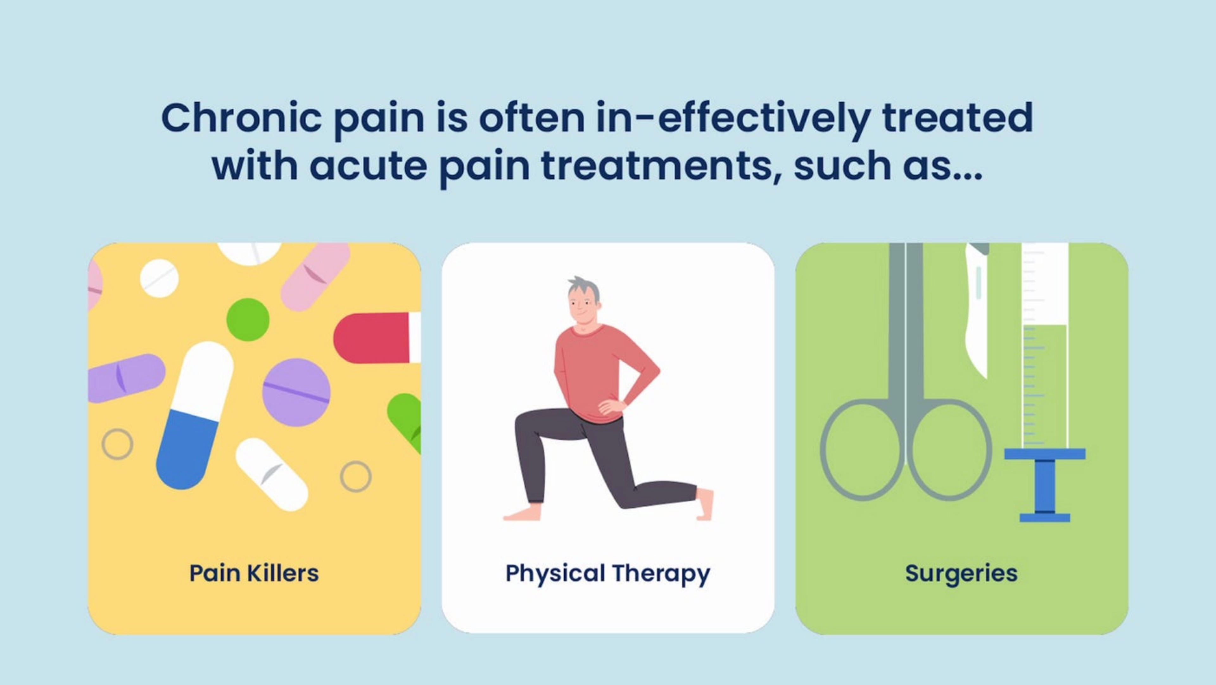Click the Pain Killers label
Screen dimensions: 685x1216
pyautogui.click(x=254, y=573)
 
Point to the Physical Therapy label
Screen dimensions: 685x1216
pyautogui.click(x=608, y=574)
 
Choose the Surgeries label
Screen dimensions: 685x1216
pyautogui.click(x=961, y=573)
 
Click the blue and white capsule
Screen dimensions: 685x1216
pyautogui.click(x=194, y=415)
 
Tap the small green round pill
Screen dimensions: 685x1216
pyautogui.click(x=248, y=320)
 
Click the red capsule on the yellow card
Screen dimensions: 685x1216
pyautogui.click(x=373, y=338)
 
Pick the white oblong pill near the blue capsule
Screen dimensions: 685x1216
pyautogui.click(x=271, y=474)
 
